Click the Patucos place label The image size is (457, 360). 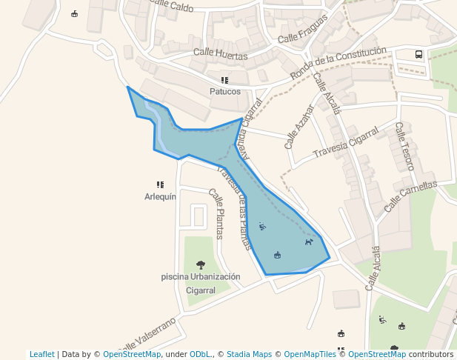click(225, 92)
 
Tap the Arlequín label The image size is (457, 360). click(160, 197)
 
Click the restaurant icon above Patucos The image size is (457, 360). click(224, 80)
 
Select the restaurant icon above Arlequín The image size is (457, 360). click(160, 184)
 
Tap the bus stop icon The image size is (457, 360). click(419, 54)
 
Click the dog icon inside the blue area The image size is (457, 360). click(309, 241)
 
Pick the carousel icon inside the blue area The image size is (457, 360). click(277, 255)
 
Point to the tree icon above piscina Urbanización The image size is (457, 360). click(201, 264)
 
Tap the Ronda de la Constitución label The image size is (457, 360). click(338, 63)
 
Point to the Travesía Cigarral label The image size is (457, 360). click(346, 142)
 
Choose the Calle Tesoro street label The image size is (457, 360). click(404, 146)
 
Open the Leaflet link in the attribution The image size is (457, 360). click(41, 354)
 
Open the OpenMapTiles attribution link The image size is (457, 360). click(310, 354)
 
